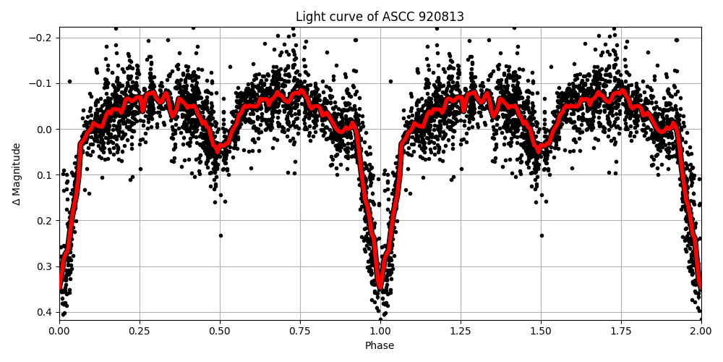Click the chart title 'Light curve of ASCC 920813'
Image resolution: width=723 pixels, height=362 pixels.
tap(380, 17)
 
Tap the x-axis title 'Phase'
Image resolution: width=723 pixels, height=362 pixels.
tap(380, 345)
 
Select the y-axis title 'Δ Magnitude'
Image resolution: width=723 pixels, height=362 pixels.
tap(17, 173)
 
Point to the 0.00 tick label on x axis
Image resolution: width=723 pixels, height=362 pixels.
tap(59, 329)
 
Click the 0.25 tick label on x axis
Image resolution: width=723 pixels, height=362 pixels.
tap(140, 329)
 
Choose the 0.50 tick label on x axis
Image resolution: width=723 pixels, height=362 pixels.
tap(220, 329)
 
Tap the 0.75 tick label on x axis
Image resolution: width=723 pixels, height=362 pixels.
tap(300, 329)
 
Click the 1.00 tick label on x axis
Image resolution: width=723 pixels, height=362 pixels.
tap(380, 329)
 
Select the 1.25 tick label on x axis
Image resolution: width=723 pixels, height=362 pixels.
tap(461, 329)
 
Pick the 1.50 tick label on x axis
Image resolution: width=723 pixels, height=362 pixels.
tap(541, 329)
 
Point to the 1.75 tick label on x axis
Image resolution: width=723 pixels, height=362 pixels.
tap(621, 329)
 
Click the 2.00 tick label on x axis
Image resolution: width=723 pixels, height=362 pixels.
tap(701, 329)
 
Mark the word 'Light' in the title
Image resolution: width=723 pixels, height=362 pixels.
tap(309, 17)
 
